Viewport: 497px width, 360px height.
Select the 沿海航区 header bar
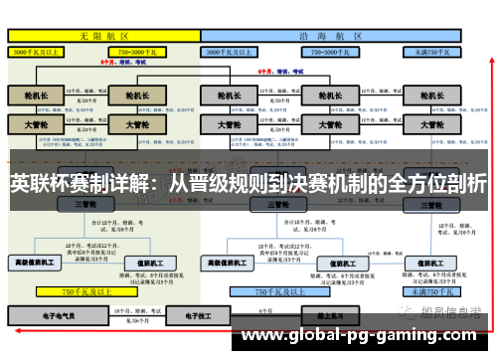[332, 34]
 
